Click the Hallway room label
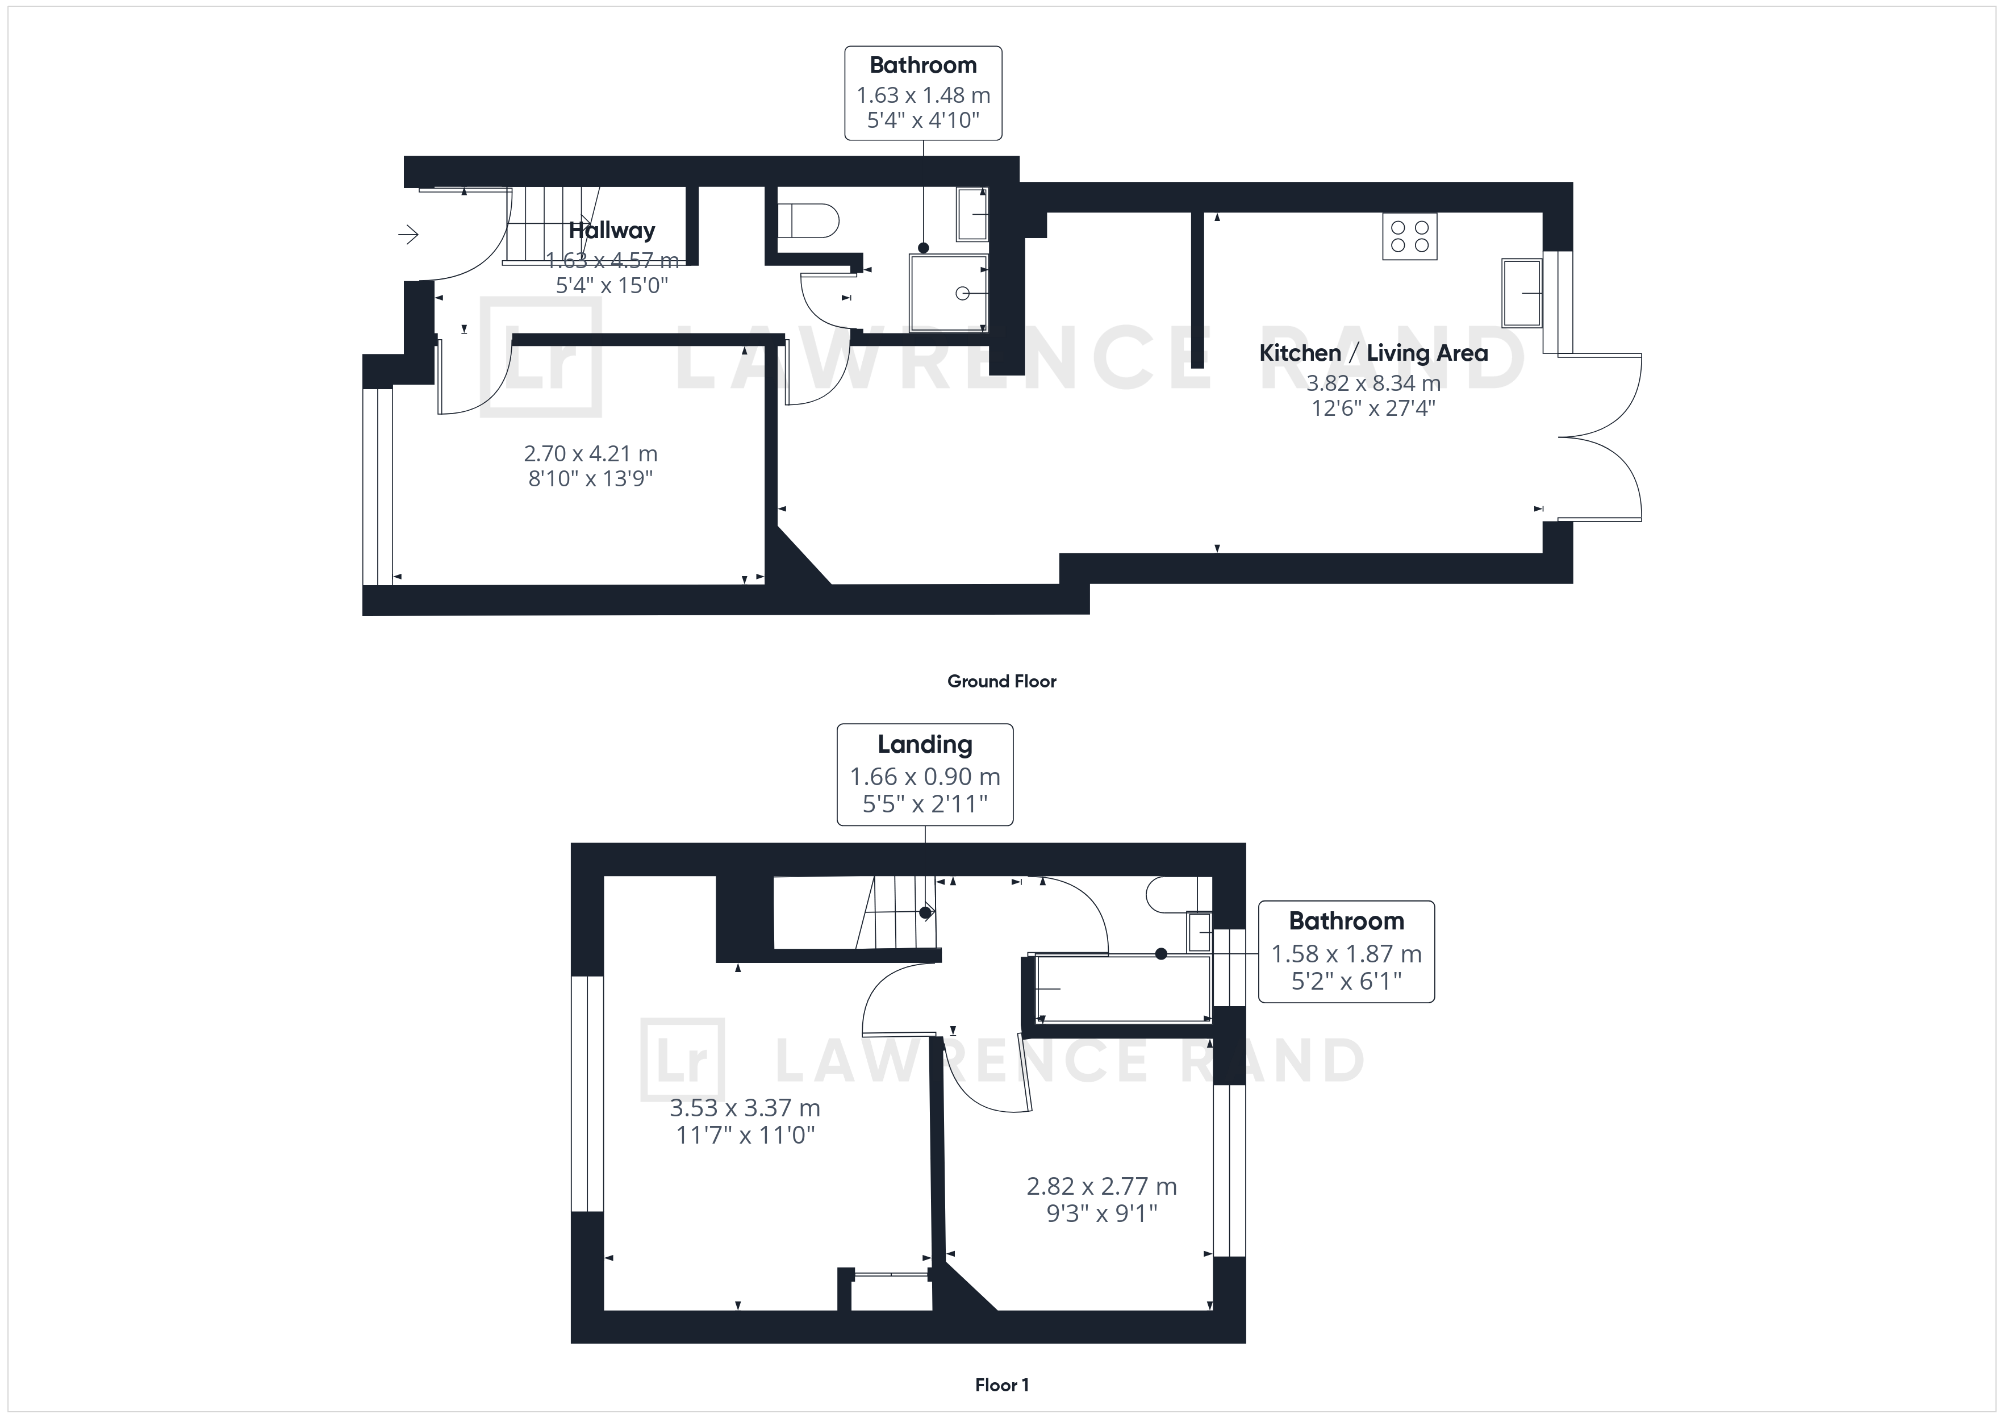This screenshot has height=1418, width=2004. point(612,231)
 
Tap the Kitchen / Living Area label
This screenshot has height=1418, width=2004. point(1373,353)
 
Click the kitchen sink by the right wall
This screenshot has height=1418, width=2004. point(1521,293)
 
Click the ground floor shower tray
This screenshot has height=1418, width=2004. point(949,293)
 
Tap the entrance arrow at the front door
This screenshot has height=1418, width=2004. point(408,234)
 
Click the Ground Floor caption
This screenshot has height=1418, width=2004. point(1002,681)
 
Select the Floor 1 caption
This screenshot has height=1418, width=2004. point(1002,1385)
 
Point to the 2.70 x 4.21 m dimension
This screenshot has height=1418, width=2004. point(591,454)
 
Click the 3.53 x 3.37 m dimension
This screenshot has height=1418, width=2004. point(745,1108)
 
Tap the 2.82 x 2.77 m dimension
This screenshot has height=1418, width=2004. point(1101,1187)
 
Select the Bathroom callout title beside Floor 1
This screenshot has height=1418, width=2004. point(1346,921)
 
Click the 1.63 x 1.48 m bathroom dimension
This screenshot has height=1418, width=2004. point(924,95)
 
